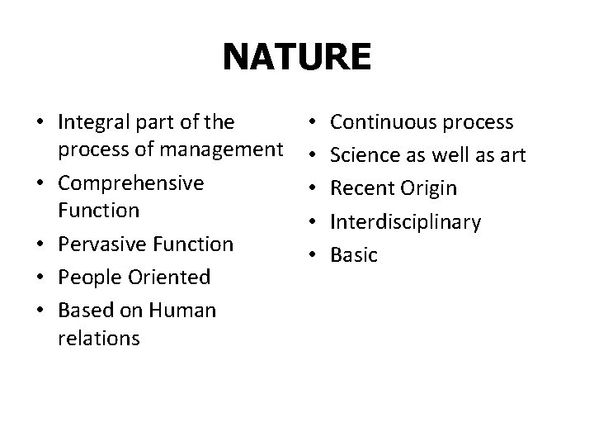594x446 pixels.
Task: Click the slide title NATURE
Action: pyautogui.click(x=297, y=58)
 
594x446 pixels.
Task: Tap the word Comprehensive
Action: pyautogui.click(x=131, y=183)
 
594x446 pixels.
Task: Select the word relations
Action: pyautogui.click(x=99, y=337)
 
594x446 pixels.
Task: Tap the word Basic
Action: pyautogui.click(x=353, y=254)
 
